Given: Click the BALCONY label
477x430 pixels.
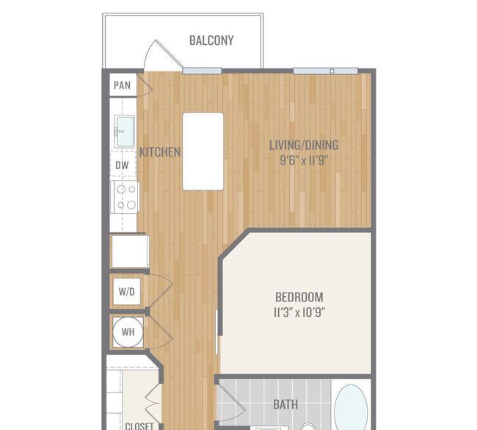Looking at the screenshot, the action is point(211,40).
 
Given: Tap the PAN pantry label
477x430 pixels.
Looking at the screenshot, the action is point(123,85).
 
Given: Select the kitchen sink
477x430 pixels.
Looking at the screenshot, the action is point(125,132).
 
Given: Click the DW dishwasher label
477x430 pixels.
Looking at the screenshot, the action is point(122,165).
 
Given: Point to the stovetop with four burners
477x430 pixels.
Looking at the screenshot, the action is point(125,197).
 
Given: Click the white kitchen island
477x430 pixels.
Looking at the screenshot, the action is point(203,151).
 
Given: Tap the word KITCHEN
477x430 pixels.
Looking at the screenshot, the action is point(160,152).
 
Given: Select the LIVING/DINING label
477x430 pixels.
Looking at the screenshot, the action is point(304,145).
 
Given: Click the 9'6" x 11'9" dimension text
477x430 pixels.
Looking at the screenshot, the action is point(304,160).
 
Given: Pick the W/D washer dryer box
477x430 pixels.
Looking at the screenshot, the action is point(127,292).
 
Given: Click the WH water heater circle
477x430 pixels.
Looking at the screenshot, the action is point(128,332).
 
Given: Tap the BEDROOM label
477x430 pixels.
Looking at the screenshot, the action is point(299,297).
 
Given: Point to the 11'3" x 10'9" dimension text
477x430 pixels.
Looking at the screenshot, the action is point(299,312).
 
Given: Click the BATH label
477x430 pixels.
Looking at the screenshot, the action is point(285,405).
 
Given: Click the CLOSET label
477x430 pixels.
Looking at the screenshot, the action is point(139,426).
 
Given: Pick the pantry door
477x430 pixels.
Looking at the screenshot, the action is point(145,85).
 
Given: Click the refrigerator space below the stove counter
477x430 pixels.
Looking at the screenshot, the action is point(130,251).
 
